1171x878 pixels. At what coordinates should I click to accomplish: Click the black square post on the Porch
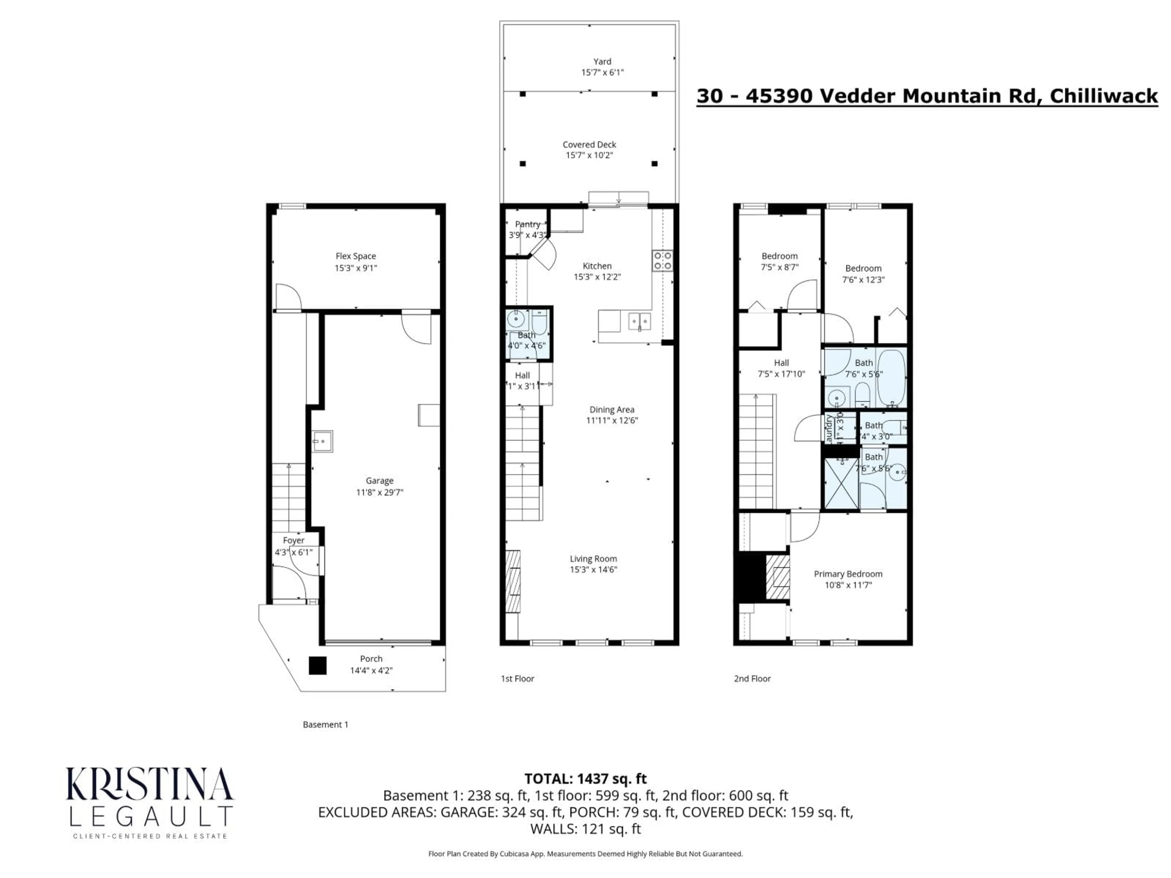tap(318, 665)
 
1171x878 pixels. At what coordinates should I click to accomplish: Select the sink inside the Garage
tap(321, 441)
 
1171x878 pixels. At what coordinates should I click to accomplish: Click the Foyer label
tap(293, 540)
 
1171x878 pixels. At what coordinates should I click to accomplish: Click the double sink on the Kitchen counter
tap(639, 321)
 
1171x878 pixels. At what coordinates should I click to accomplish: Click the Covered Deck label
tap(589, 145)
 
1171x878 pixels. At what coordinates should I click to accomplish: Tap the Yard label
tap(602, 61)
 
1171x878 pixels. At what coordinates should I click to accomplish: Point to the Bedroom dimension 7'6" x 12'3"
tap(863, 280)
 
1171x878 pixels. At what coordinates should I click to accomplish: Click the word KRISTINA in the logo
tap(149, 784)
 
